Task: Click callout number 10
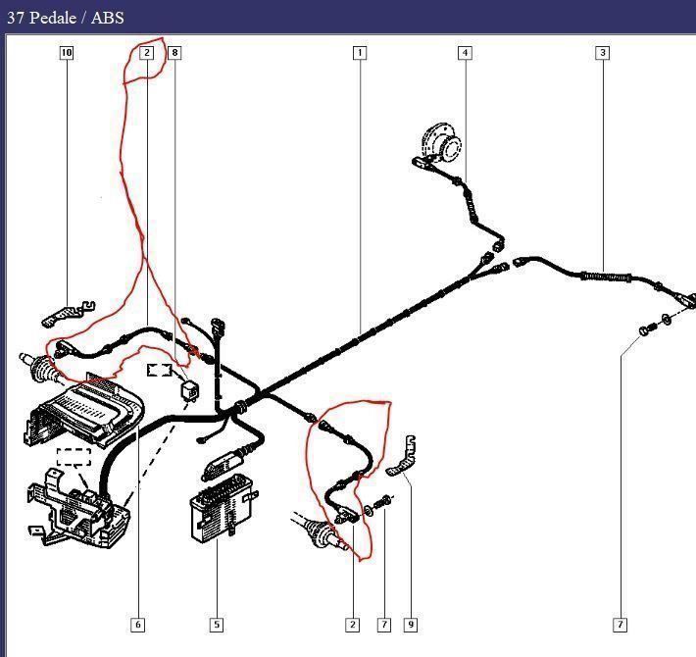(66, 53)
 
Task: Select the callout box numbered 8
(174, 53)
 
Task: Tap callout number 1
(360, 53)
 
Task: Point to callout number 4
(465, 53)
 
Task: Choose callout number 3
(602, 53)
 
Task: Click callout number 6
(137, 625)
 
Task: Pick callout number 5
(217, 625)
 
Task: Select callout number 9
(411, 625)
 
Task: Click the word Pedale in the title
(53, 18)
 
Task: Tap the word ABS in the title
(108, 18)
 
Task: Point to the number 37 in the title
(16, 18)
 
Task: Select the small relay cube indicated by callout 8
(189, 389)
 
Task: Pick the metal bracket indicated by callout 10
(69, 314)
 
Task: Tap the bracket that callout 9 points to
(401, 456)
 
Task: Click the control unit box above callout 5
(222, 506)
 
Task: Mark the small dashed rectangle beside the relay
(160, 370)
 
